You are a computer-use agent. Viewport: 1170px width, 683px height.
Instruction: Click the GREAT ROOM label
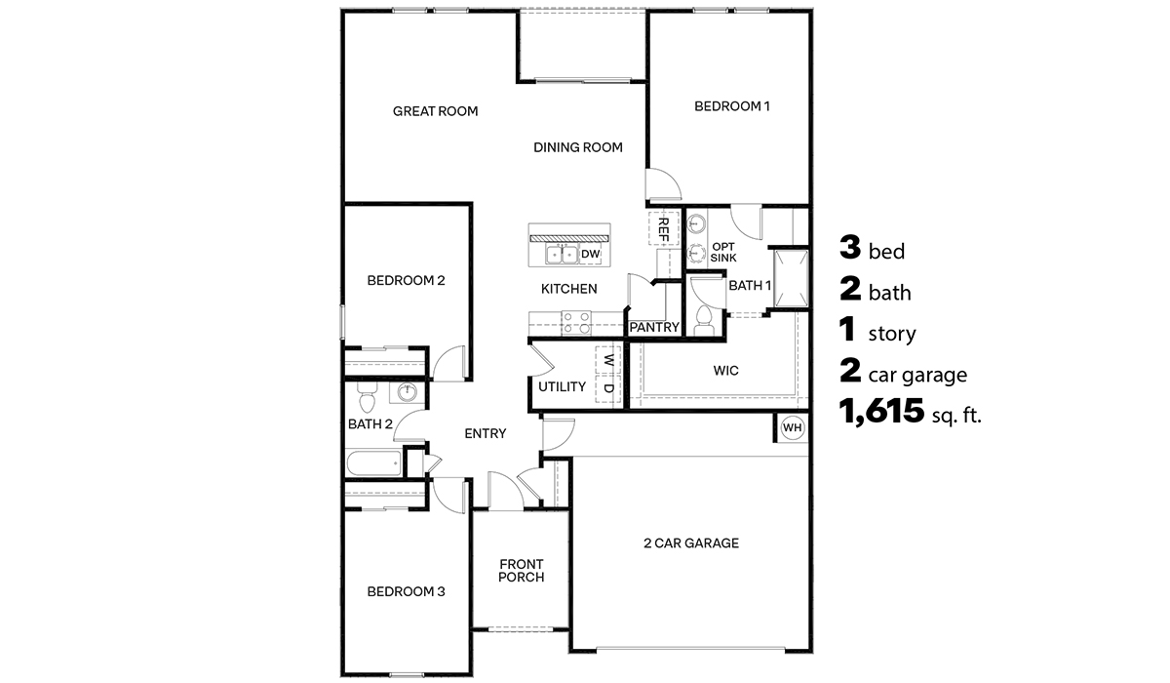(x=435, y=111)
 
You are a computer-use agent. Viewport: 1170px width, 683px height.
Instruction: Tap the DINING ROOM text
(x=577, y=147)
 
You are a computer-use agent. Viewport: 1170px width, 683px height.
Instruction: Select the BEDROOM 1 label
(x=731, y=106)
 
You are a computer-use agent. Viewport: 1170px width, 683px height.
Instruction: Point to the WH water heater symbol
(x=791, y=427)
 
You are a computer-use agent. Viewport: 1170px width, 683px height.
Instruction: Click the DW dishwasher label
(x=590, y=255)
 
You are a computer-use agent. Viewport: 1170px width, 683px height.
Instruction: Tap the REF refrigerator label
(x=663, y=230)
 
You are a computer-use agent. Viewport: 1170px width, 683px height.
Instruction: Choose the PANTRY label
(x=653, y=328)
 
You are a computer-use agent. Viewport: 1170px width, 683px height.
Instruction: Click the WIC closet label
(x=725, y=371)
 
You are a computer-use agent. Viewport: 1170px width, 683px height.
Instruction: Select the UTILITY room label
(x=562, y=387)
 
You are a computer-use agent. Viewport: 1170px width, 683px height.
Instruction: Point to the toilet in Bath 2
(x=368, y=400)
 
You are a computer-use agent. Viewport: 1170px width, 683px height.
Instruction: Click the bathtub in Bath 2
(x=372, y=463)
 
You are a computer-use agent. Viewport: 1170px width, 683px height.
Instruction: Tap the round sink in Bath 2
(x=407, y=393)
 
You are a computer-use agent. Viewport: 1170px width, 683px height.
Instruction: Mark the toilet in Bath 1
(x=705, y=318)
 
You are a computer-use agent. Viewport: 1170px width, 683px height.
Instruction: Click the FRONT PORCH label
(x=521, y=570)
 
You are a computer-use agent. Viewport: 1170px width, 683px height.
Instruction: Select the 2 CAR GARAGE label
(x=690, y=543)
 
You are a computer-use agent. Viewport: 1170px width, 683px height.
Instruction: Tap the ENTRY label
(x=485, y=434)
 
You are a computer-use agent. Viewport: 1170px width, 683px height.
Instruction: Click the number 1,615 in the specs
(x=881, y=413)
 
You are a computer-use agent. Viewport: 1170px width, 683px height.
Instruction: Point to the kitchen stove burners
(x=576, y=316)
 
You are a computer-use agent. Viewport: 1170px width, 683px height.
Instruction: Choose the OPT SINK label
(x=722, y=252)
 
